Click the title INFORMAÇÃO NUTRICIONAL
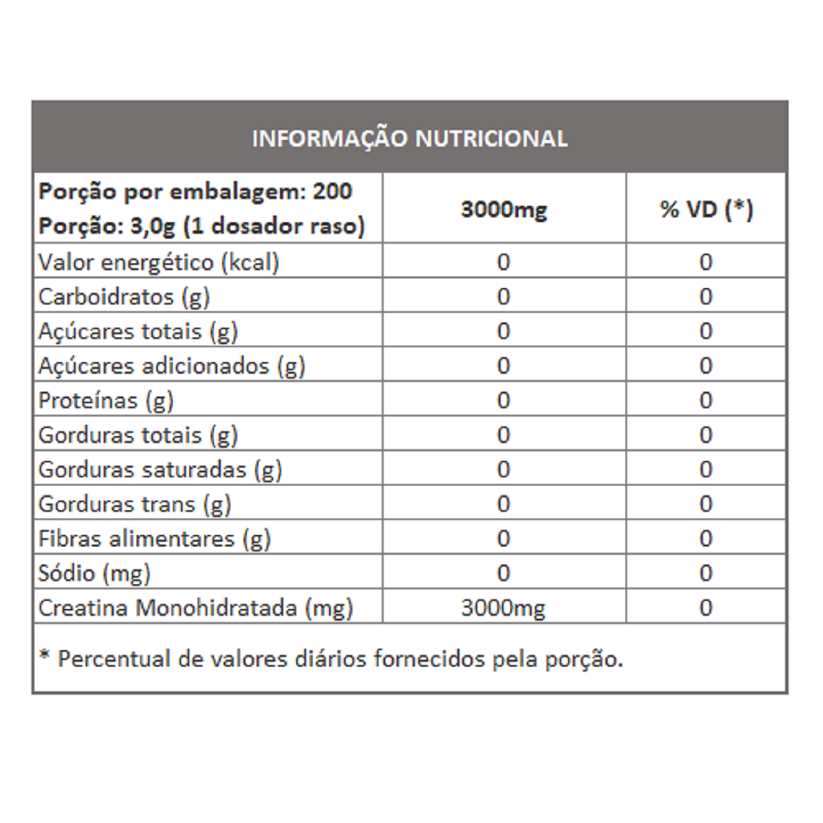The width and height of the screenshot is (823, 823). tap(409, 139)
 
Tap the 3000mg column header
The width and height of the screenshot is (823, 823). tap(503, 208)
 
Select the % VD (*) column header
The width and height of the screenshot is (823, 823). tap(706, 208)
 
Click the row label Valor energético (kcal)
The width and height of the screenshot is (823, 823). tap(158, 262)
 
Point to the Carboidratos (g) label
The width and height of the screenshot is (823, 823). tap(124, 297)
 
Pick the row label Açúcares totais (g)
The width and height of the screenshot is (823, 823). tap(138, 331)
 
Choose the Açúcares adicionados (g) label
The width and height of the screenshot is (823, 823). tap(171, 366)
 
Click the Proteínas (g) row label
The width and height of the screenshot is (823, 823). tap(106, 401)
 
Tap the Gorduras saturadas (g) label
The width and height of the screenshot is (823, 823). tap(160, 470)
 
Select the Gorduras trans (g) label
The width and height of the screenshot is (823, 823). tap(134, 504)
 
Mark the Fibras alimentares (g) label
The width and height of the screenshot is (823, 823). tap(154, 539)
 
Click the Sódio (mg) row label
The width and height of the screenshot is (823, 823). tap(94, 573)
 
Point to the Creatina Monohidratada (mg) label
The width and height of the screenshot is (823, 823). tap(195, 608)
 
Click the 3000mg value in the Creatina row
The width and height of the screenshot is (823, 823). tap(503, 608)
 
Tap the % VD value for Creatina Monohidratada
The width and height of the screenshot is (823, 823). tap(706, 608)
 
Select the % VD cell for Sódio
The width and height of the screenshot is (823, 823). tap(706, 573)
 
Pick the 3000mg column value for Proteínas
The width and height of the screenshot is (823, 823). tap(503, 401)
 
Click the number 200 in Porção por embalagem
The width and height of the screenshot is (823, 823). tap(333, 191)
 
